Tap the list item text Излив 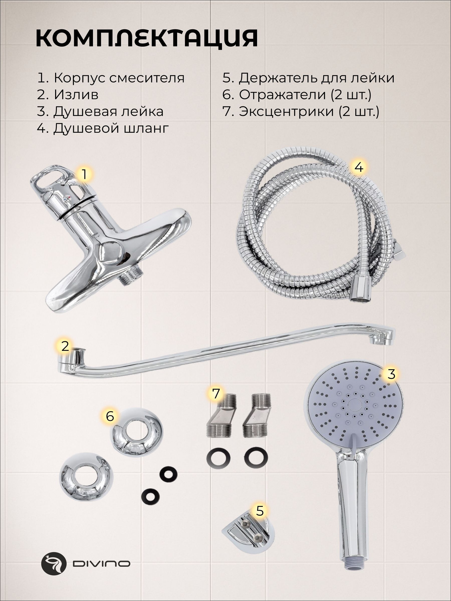click(x=76, y=95)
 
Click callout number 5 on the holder click(x=260, y=511)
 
